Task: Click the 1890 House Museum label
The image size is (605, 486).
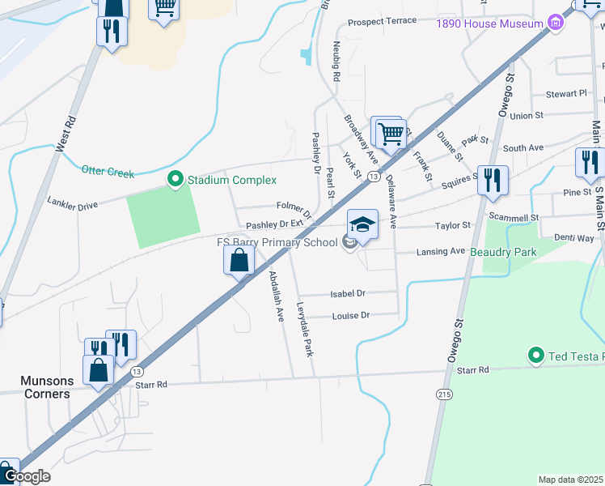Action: coord(489,24)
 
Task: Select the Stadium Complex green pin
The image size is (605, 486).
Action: coord(175,179)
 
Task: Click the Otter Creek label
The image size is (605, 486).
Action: coord(107,170)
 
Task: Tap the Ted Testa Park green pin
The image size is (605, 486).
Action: coord(535,355)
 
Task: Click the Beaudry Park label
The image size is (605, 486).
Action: coord(504,252)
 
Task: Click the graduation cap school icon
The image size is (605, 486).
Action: coord(362,225)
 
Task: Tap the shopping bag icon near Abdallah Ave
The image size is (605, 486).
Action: coord(239,261)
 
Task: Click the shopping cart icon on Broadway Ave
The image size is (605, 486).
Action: coord(391,134)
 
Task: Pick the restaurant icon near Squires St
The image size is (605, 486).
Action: coord(493,180)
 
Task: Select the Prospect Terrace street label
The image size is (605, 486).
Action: coord(383,21)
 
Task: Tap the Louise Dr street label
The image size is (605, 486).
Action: coord(351,315)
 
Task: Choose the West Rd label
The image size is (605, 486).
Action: coord(66,134)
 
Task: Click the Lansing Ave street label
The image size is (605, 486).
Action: coord(441,252)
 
